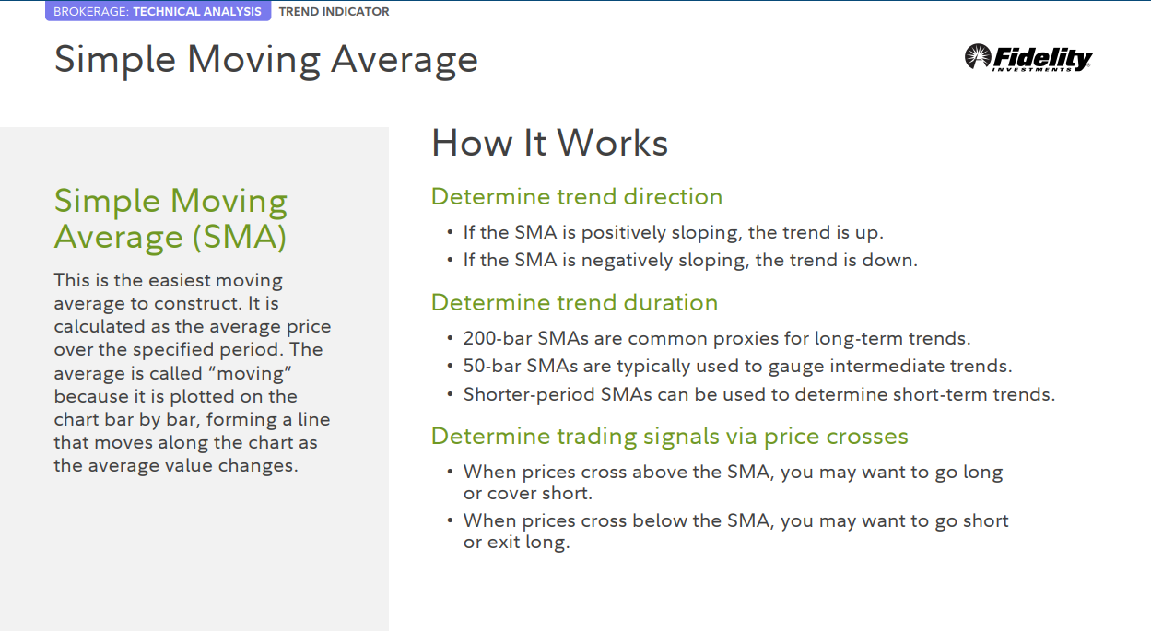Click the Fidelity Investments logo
[1028, 57]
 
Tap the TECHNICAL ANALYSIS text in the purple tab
[197, 11]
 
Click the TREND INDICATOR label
[334, 11]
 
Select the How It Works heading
[549, 143]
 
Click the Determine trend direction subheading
[577, 196]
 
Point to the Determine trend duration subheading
[574, 302]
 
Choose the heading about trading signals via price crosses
[670, 437]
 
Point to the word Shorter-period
[529, 395]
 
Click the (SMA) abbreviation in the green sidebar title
[240, 238]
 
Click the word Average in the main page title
[405, 61]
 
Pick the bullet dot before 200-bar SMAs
[450, 338]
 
